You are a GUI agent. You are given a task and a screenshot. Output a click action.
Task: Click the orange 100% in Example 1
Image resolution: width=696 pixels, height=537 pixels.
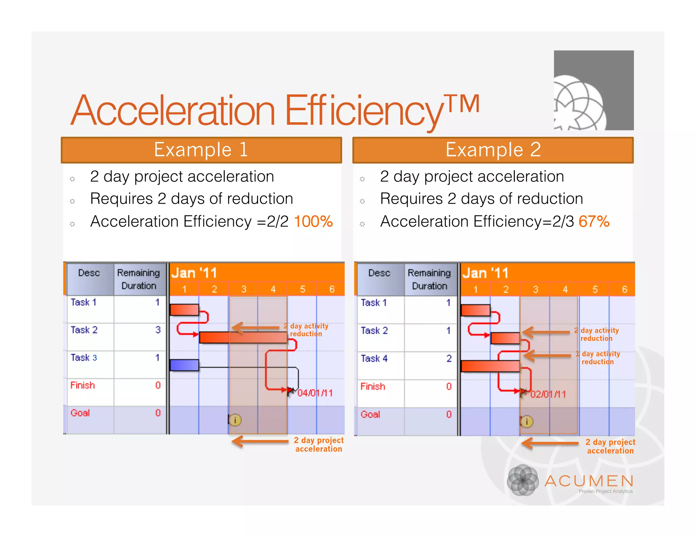[x=313, y=222]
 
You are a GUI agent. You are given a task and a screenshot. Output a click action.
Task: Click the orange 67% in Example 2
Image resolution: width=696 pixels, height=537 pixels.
[x=594, y=222]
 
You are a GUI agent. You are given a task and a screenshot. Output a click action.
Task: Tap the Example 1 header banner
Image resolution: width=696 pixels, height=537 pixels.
[x=201, y=150]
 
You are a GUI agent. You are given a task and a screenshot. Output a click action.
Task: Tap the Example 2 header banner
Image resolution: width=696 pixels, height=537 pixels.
[x=493, y=150]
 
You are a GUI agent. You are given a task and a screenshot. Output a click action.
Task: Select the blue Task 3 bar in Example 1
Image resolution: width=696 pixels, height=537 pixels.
[x=184, y=365]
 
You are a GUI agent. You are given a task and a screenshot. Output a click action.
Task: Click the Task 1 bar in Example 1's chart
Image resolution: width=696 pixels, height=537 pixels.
[x=184, y=310]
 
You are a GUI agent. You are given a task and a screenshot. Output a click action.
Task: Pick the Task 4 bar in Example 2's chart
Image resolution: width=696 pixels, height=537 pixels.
[x=490, y=366]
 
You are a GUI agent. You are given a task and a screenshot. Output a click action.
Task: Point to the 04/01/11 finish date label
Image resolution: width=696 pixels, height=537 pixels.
[x=315, y=393]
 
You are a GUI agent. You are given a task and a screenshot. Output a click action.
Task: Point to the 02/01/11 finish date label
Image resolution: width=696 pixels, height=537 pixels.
[x=548, y=394]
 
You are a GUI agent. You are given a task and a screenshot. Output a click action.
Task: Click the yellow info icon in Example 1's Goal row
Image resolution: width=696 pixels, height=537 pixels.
[x=235, y=420]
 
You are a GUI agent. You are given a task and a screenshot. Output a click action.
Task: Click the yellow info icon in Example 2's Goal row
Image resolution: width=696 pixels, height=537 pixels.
[x=526, y=422]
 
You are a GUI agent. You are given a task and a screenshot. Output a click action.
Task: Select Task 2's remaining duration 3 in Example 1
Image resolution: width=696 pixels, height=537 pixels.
[x=158, y=330]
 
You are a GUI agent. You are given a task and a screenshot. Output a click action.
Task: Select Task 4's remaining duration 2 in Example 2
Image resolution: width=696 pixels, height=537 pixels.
[x=449, y=358]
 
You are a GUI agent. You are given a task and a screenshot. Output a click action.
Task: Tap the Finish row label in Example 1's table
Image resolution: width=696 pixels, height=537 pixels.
[x=83, y=385]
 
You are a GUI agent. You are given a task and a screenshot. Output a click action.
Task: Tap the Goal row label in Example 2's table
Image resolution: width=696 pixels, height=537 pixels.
[x=370, y=414]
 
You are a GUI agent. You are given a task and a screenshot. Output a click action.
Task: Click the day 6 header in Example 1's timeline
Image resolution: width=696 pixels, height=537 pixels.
[x=332, y=289]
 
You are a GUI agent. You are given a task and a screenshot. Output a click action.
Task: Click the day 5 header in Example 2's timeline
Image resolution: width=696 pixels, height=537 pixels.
[x=595, y=290]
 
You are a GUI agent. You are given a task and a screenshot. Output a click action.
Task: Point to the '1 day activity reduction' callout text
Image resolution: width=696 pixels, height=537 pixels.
[x=600, y=358]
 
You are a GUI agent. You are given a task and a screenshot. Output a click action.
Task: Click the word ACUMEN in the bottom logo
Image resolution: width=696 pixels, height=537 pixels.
[x=589, y=481]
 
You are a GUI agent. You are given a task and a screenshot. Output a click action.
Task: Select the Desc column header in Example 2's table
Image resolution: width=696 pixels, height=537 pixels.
[x=379, y=273]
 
